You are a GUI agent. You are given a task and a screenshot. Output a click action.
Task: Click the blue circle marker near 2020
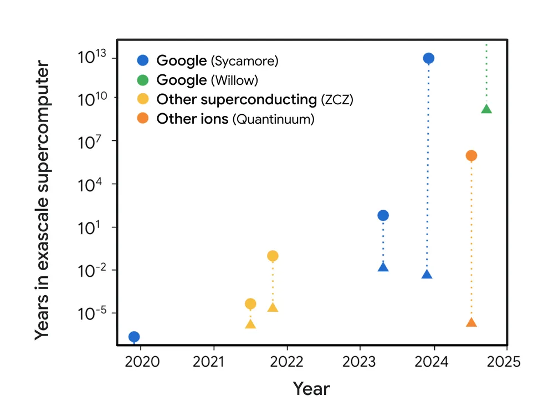click(134, 337)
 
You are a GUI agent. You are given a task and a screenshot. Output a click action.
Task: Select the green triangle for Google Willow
click(486, 109)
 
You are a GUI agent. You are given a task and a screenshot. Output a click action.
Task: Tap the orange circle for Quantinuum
click(471, 156)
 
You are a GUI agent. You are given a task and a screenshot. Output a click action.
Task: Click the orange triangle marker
click(471, 323)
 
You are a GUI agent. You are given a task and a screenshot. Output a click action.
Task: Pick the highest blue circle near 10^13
click(428, 58)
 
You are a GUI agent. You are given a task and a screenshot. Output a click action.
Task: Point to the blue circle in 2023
click(383, 215)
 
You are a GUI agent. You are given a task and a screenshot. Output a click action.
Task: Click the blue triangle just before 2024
click(427, 274)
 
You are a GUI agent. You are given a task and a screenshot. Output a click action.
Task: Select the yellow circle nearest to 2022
click(273, 256)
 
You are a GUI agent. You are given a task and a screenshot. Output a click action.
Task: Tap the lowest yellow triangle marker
click(250, 324)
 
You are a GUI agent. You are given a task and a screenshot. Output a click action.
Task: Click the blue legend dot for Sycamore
click(143, 60)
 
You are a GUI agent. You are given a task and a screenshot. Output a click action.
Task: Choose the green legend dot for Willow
click(143, 80)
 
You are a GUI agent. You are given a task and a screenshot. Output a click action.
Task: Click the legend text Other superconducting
click(237, 99)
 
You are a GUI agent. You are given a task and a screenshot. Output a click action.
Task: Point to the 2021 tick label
click(214, 362)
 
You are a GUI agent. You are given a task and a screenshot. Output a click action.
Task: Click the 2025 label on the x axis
click(506, 362)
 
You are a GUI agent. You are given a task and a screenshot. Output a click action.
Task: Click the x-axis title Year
click(311, 389)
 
